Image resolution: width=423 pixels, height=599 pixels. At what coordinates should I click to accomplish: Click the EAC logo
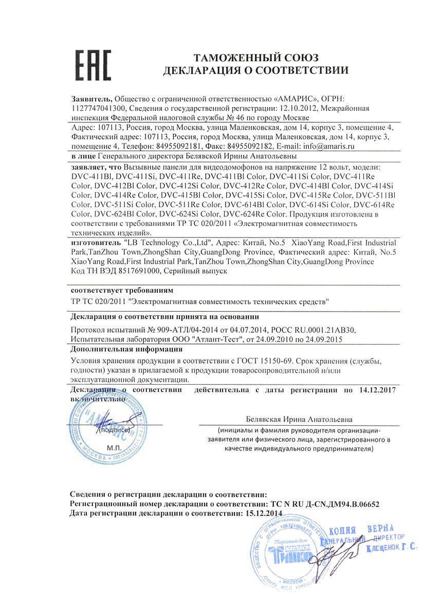94,65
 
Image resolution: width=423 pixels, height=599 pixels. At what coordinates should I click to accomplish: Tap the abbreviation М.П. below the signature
114,448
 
